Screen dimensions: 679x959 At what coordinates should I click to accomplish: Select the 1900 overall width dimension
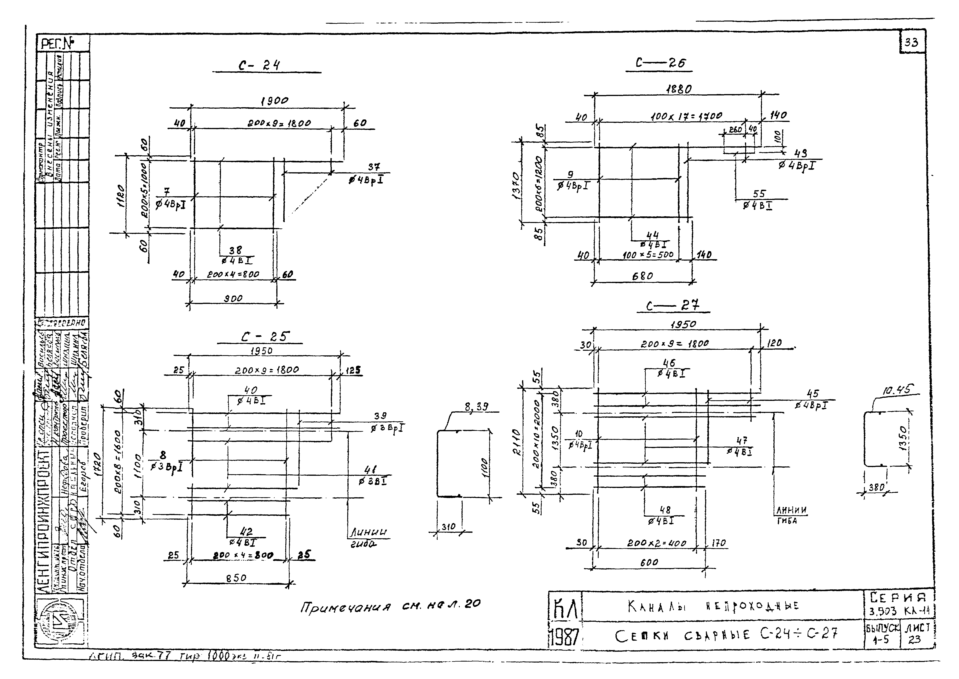[x=274, y=101]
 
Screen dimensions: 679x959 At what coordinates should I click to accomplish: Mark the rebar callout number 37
[x=374, y=167]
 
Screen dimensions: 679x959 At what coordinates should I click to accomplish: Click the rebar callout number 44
[x=652, y=235]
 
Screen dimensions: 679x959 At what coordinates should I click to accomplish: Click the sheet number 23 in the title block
[x=914, y=639]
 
